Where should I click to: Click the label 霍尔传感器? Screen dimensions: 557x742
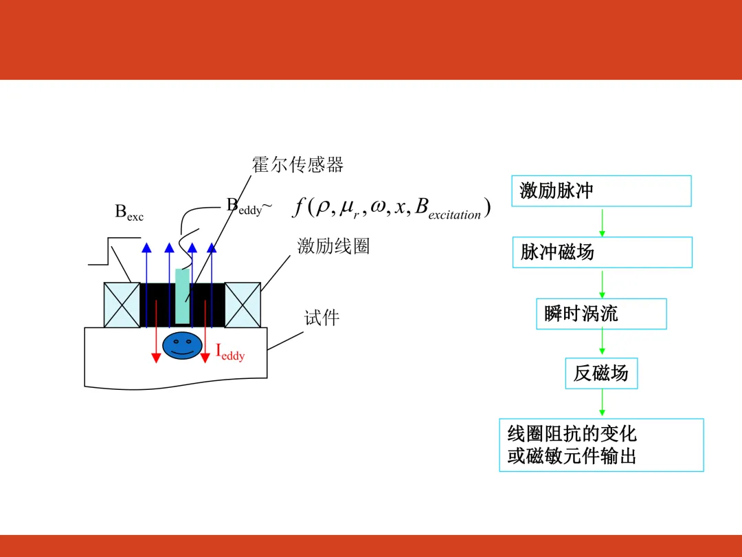[x=297, y=165]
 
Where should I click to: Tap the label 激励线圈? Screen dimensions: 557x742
[x=333, y=246]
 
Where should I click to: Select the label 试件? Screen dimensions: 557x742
[x=322, y=318]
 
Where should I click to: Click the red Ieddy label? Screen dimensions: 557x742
[x=230, y=352]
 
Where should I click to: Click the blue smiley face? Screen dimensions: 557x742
[x=182, y=345]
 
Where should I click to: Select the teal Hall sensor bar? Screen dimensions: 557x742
[x=182, y=296]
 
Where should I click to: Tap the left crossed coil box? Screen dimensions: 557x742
[x=122, y=305]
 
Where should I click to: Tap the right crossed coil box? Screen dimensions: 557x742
[x=243, y=305]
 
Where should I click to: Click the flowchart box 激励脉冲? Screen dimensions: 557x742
[x=601, y=190]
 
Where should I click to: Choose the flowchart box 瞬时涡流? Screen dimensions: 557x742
[x=601, y=314]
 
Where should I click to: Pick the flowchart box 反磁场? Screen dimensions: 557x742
[x=601, y=373]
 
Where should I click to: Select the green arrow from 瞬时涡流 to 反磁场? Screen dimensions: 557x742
[x=602, y=343]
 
